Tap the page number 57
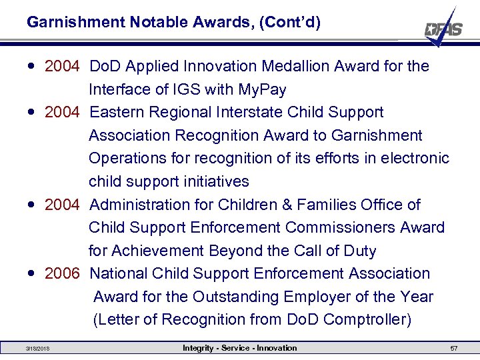pyautogui.click(x=454, y=349)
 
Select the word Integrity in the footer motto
pyautogui.click(x=199, y=348)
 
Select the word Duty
pyautogui.click(x=359, y=251)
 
